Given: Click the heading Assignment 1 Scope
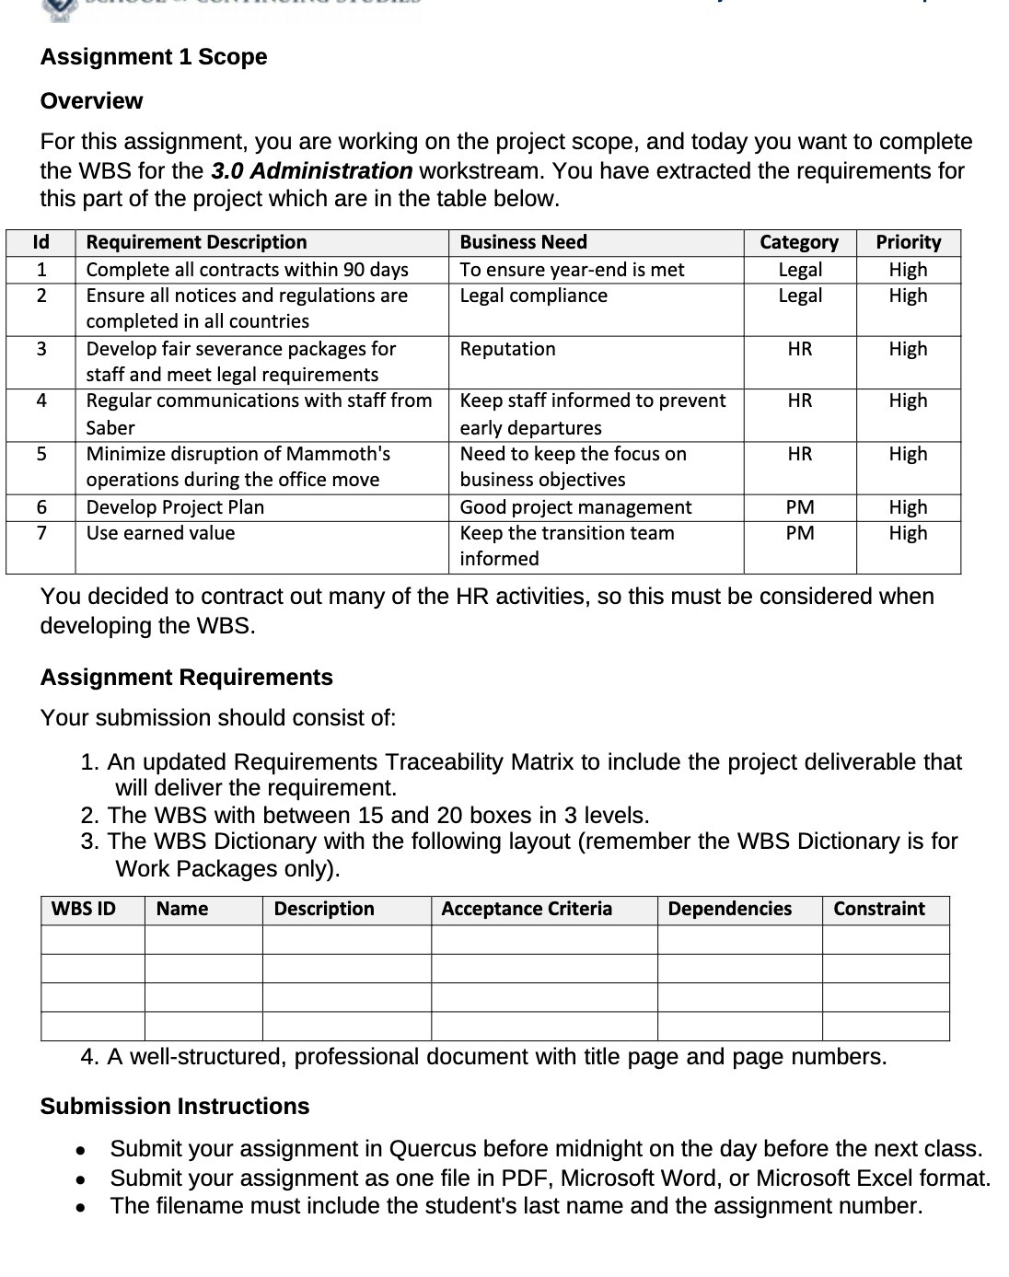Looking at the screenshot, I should click(x=154, y=57).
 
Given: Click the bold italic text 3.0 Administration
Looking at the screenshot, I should click(x=311, y=171).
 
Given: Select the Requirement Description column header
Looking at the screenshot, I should click(x=196, y=242).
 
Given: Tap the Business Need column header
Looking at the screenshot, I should click(x=523, y=242).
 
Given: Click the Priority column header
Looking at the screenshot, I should click(x=908, y=242).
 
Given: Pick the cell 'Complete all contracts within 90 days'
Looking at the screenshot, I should click(x=247, y=270).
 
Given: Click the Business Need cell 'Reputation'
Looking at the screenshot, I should click(x=507, y=349).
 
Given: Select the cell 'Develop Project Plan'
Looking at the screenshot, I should click(x=175, y=507).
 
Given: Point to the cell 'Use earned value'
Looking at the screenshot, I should click(x=160, y=533).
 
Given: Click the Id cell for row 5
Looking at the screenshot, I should click(x=41, y=454).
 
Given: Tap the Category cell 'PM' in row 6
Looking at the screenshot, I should click(x=799, y=507).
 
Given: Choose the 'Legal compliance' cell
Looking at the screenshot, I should click(x=533, y=296).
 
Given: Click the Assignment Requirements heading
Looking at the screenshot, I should click(x=186, y=678).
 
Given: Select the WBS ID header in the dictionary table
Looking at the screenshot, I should click(x=84, y=909).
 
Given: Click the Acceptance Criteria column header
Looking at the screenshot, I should click(x=526, y=909).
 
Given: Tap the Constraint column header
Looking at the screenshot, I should click(x=878, y=909).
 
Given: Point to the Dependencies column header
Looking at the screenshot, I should click(x=729, y=909).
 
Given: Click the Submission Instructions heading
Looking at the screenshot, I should click(x=175, y=1107).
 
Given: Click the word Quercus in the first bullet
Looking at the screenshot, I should click(x=433, y=1149).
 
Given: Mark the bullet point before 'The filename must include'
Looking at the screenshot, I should click(x=81, y=1207).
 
